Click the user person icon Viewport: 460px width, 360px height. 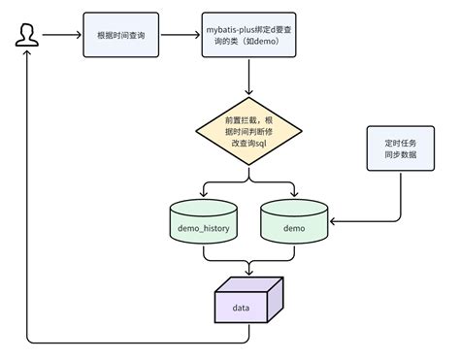pos(27,36)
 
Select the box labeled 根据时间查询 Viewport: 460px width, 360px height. pos(121,35)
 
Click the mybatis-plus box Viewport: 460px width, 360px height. pos(249,35)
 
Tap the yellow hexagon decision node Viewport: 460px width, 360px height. pos(249,128)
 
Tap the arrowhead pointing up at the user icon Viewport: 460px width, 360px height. pos(27,56)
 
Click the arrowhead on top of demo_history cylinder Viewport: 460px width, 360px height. pos(203,194)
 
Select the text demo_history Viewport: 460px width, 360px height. pos(203,229)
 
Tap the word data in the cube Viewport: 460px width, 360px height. pos(245,307)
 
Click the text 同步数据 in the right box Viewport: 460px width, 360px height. pos(399,156)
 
